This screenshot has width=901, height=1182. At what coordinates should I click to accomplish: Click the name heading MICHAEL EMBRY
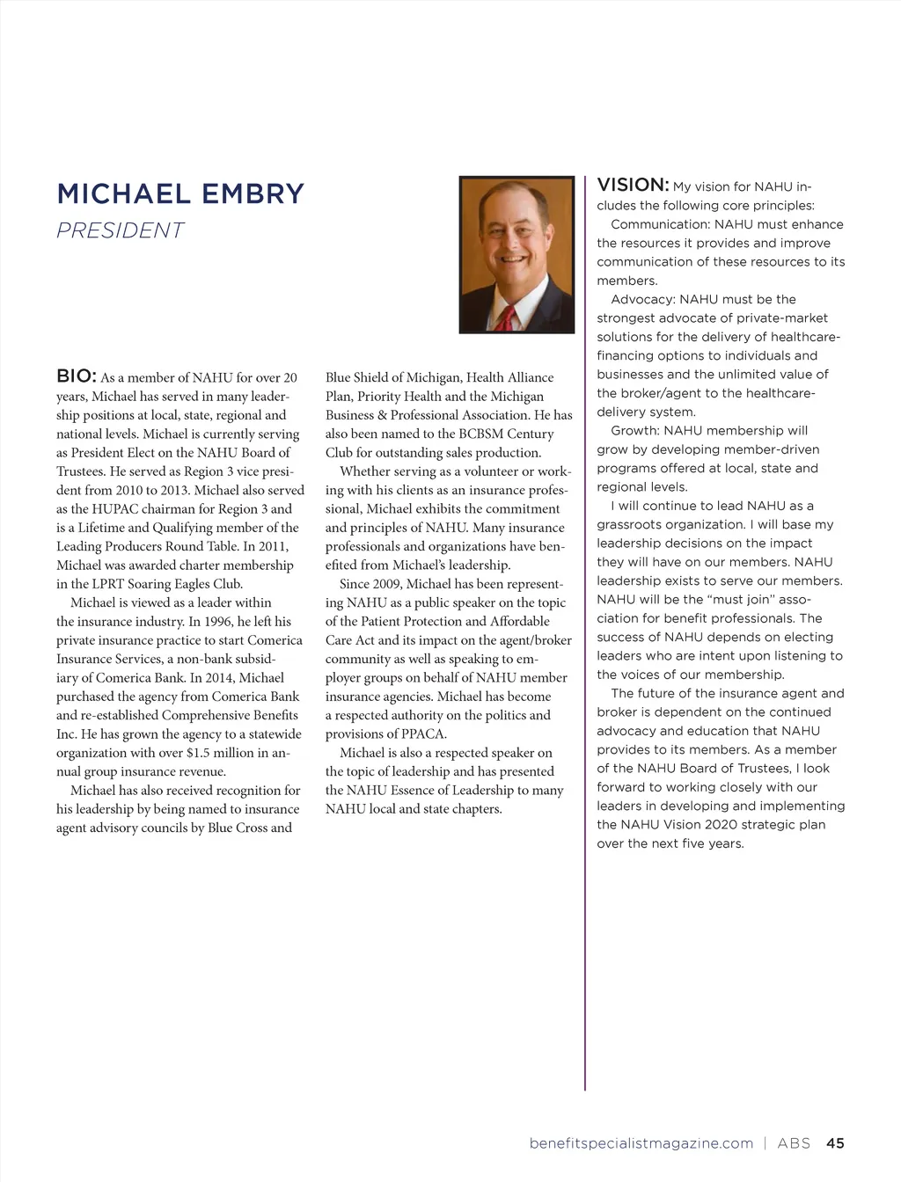180,194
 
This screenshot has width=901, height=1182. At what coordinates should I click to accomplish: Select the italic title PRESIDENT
121,230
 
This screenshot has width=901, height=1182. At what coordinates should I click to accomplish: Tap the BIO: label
76,376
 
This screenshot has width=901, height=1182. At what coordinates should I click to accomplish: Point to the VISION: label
633,185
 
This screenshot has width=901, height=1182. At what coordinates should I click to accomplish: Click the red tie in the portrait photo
505,317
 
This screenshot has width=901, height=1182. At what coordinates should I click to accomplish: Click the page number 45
835,1143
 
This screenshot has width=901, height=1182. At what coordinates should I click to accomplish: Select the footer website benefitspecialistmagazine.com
641,1143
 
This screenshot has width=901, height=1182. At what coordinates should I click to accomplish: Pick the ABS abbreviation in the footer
794,1143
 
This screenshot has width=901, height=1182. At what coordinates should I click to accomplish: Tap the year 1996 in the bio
218,622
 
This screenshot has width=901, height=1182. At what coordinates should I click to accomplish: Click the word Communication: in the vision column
660,225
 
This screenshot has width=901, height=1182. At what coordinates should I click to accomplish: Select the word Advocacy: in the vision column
643,300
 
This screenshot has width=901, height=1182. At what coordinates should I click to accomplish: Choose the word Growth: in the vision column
635,431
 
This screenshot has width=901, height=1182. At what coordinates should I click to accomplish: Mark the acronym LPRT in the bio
109,584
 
